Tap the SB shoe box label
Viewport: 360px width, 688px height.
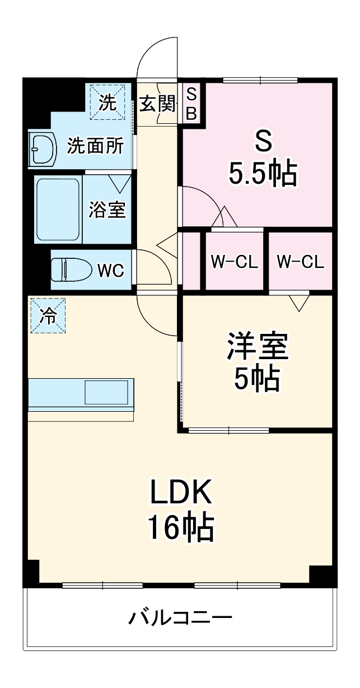coord(191,103)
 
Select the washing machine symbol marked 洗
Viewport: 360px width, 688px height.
coord(107,101)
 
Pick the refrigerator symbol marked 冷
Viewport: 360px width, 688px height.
coord(48,315)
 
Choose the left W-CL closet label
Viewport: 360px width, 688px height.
coord(234,261)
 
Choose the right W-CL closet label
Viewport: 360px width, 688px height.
coord(301,261)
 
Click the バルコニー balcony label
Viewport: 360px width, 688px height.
coord(180,619)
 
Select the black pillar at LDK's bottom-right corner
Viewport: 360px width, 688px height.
coord(323,576)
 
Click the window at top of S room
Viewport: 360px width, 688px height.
coord(260,80)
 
